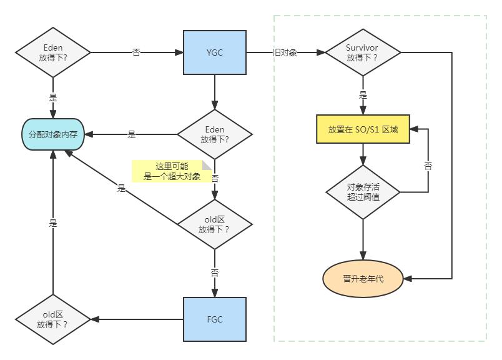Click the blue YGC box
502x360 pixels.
click(x=215, y=52)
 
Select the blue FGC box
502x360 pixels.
click(x=215, y=319)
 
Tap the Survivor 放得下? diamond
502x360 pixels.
click(x=363, y=52)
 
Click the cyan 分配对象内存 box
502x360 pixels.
click(x=53, y=134)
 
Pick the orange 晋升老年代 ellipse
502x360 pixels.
click(x=363, y=279)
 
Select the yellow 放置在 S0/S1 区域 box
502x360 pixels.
click(x=363, y=130)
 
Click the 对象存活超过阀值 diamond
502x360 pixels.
click(x=363, y=191)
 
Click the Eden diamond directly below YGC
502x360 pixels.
click(x=215, y=134)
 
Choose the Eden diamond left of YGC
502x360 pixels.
click(x=53, y=52)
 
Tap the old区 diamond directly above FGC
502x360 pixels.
click(x=215, y=224)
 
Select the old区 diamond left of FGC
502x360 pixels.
click(x=53, y=319)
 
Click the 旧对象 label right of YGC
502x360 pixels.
click(x=285, y=52)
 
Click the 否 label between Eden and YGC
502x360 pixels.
click(x=136, y=52)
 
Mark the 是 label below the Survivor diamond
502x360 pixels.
click(x=363, y=96)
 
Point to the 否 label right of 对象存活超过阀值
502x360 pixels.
click(x=428, y=166)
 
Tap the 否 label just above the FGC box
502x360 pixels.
click(x=215, y=273)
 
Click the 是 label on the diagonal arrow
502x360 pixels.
click(x=121, y=187)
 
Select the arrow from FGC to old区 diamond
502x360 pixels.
click(x=137, y=319)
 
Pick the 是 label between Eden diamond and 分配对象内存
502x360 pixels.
click(x=132, y=134)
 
